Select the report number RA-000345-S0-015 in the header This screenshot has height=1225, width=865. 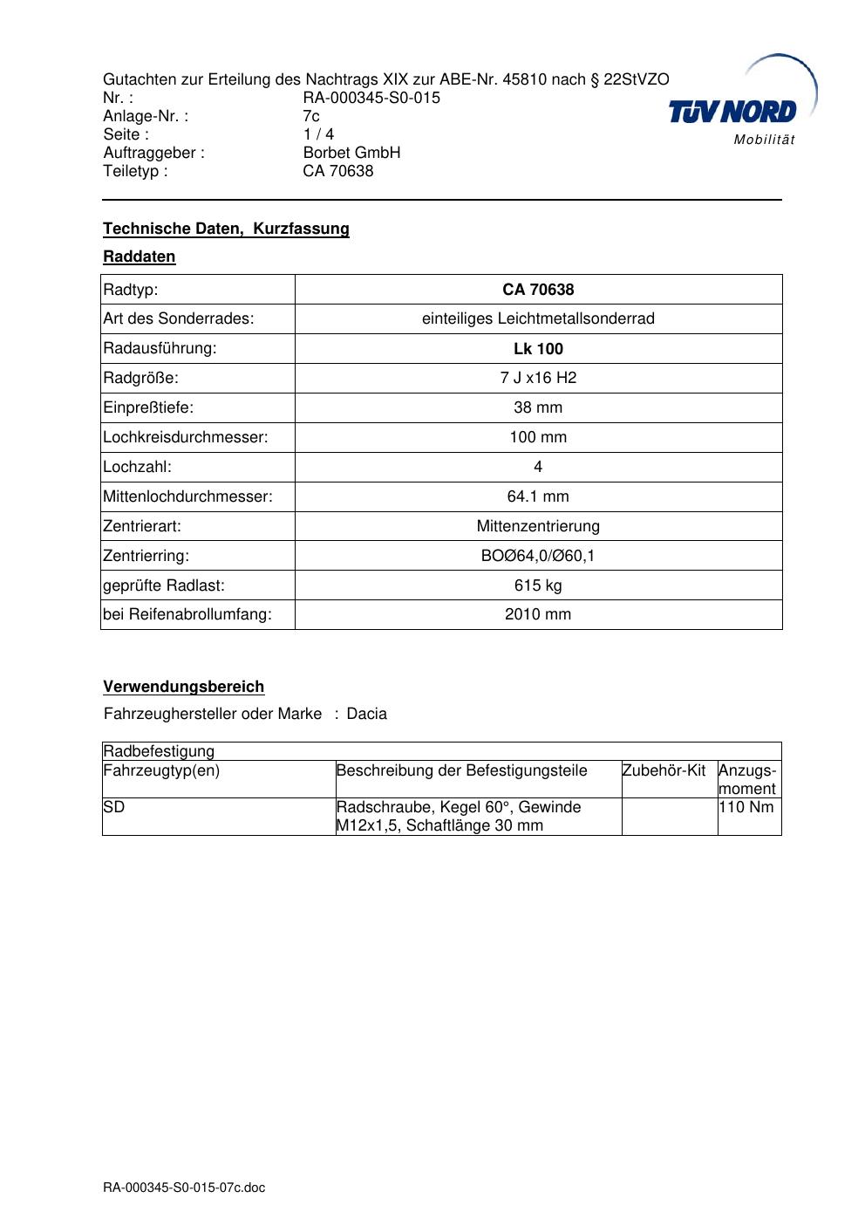pos(371,98)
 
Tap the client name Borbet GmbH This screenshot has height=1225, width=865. pos(351,153)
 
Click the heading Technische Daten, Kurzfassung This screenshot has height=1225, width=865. pos(226,229)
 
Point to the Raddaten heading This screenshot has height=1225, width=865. pos(140,257)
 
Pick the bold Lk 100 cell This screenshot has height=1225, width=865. pos(538,349)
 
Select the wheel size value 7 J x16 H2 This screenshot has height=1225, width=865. pos(538,378)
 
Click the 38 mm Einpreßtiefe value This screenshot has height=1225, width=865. pos(538,407)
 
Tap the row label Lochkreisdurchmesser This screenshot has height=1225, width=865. pos(186,437)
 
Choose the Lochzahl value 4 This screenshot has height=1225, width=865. pos(538,467)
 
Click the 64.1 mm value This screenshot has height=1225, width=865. pos(538,496)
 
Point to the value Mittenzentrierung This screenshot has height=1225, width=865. pos(538,526)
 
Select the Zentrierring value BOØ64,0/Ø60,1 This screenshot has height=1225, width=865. pos(538,556)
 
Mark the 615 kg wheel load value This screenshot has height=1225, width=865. pos(538,585)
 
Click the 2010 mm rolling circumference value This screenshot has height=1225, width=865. pos(538,614)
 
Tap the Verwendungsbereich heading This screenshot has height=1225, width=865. pos(183,687)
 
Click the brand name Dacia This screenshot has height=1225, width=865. pos(366,714)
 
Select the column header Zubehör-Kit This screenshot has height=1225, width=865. pos(664,770)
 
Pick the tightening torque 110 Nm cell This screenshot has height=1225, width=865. pos(746,807)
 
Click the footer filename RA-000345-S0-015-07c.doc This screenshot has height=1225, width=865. pos(184,1187)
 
